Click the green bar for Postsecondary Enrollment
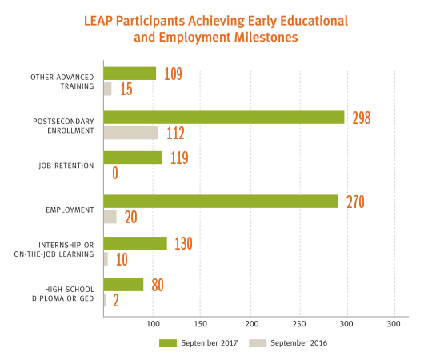224,118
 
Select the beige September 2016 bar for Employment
110,217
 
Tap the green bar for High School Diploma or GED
123,285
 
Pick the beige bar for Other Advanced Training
108,89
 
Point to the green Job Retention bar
133,158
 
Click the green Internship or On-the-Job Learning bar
135,243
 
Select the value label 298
362,118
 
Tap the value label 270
355,202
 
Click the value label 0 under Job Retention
115,173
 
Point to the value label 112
175,133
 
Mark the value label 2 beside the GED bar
116,301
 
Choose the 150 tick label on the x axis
200,324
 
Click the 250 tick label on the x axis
299,324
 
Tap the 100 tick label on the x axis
153,324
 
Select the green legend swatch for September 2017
168,343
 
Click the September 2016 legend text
299,343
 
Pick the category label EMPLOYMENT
70,210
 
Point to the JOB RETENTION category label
66,166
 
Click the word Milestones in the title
266,37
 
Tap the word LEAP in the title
98,21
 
